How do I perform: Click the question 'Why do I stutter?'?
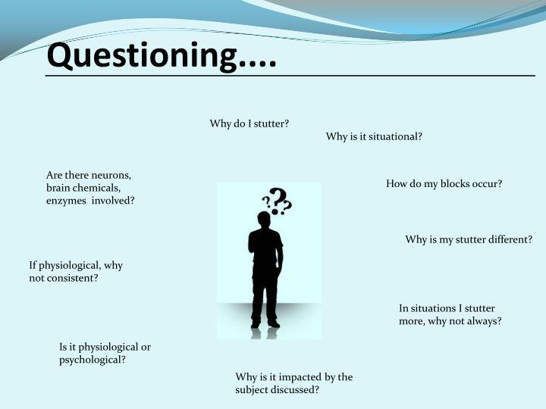pyautogui.click(x=249, y=123)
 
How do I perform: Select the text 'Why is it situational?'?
pyautogui.click(x=374, y=136)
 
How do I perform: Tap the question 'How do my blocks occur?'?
pyautogui.click(x=444, y=183)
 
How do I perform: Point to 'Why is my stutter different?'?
pyautogui.click(x=469, y=239)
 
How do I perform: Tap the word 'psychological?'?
pyautogui.click(x=93, y=360)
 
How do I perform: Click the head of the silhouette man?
pyautogui.click(x=264, y=219)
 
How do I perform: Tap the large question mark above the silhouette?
pyautogui.click(x=281, y=200)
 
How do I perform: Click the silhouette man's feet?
pyautogui.click(x=265, y=324)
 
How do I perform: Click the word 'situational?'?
pyautogui.click(x=392, y=136)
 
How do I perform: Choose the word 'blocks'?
pyautogui.click(x=445, y=183)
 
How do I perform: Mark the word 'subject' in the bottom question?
pyautogui.click(x=253, y=390)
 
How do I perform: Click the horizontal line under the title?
pyautogui.click(x=290, y=76)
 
